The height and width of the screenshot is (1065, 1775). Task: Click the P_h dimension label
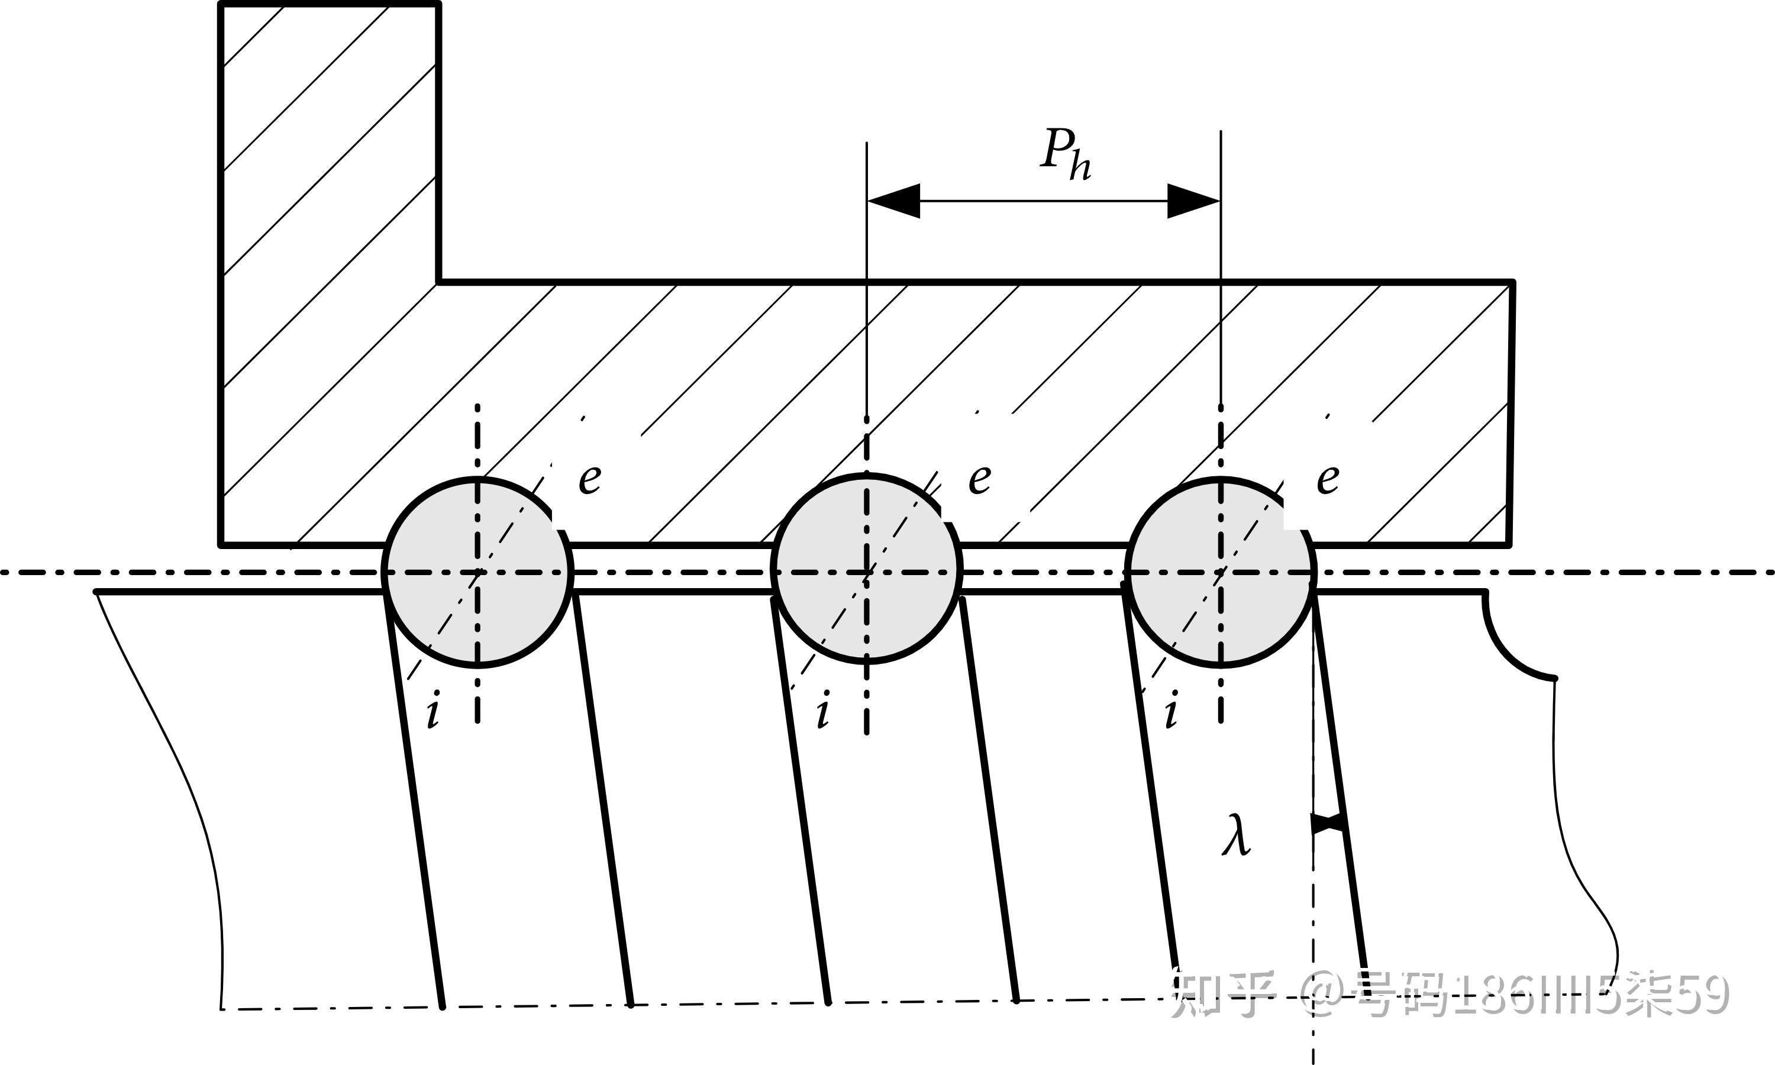click(x=1066, y=154)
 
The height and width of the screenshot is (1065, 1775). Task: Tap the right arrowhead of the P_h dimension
click(x=1194, y=201)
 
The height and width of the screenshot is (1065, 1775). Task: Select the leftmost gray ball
click(x=478, y=573)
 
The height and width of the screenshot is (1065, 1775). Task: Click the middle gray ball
click(x=867, y=569)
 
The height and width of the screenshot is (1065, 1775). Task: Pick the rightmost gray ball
click(x=1221, y=573)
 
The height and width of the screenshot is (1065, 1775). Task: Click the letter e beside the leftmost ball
click(x=590, y=479)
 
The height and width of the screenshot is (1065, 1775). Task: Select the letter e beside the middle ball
click(x=980, y=479)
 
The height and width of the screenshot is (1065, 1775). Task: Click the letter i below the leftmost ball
click(x=433, y=712)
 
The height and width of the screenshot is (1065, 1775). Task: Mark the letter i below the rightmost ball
click(x=1171, y=712)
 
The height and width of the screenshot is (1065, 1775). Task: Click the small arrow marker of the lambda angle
click(x=1327, y=823)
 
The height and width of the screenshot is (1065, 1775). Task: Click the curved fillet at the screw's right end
click(x=1511, y=650)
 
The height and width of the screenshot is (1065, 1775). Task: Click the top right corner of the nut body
click(x=1512, y=282)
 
